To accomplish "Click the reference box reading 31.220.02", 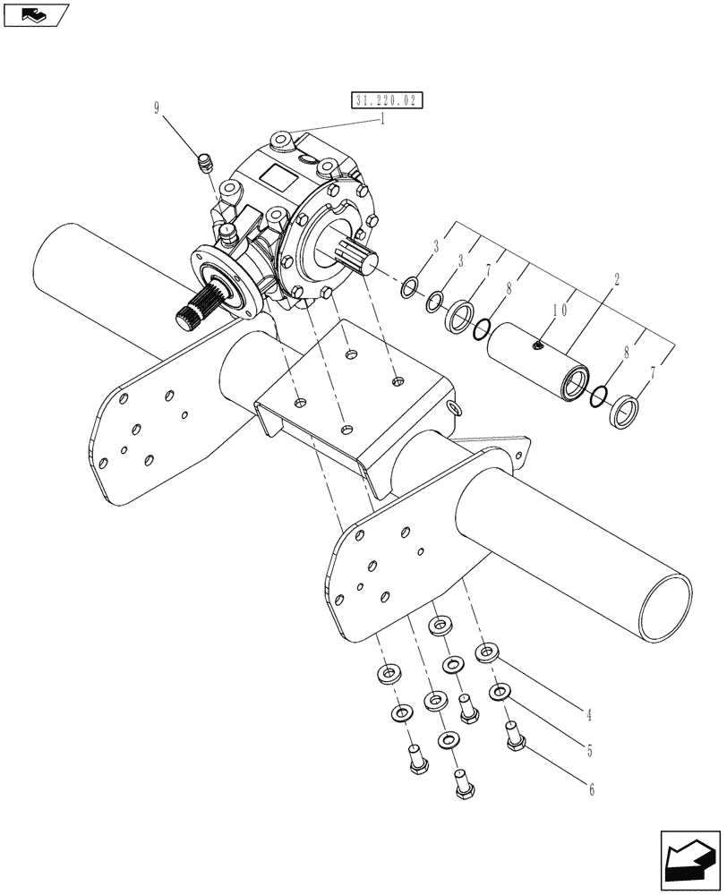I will [388, 101].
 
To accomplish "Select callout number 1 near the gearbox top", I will [382, 119].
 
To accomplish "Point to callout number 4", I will [588, 715].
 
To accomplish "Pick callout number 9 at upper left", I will [158, 109].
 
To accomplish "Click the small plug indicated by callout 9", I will [204, 164].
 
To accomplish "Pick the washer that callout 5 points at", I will [499, 692].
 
